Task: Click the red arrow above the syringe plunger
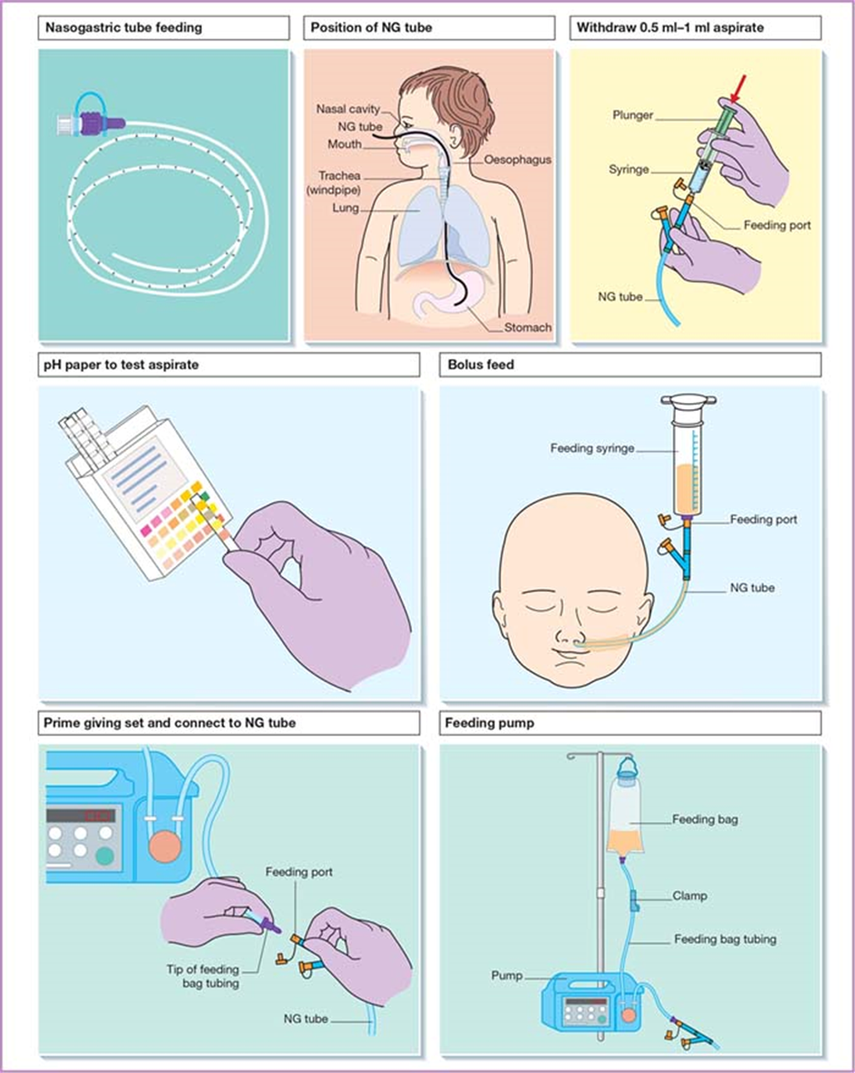[737, 90]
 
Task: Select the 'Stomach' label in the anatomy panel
[528, 327]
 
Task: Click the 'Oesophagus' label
[518, 159]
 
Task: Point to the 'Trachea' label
[339, 175]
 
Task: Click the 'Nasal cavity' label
[347, 109]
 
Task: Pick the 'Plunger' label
[632, 115]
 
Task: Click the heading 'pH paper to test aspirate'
[121, 365]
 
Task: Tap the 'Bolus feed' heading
[480, 365]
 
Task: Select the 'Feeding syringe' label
[592, 448]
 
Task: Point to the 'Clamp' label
[689, 896]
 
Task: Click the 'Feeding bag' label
[705, 819]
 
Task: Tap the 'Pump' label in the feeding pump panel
[507, 975]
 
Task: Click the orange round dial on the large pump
[164, 847]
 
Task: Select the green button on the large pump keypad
[105, 856]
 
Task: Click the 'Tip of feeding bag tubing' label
[203, 977]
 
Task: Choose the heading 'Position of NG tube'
[371, 28]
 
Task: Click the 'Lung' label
[345, 208]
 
